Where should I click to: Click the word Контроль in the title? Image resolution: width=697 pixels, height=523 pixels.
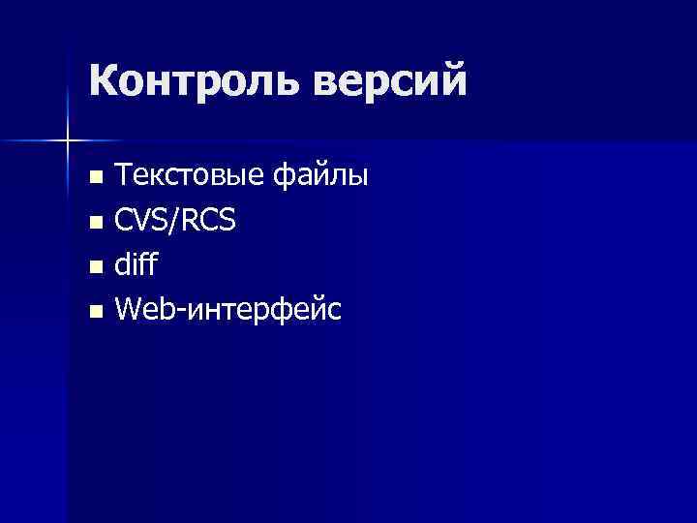195,80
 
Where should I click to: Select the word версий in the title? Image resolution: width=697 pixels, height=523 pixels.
390,80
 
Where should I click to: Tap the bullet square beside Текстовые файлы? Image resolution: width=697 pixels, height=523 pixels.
95,178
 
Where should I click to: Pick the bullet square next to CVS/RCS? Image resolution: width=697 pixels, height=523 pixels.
95,224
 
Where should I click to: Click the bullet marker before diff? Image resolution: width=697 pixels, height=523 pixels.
95,267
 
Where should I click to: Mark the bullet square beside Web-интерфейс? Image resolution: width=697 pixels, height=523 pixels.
95,312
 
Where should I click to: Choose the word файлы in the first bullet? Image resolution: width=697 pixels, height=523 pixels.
320,176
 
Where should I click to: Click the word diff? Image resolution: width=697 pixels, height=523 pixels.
135,265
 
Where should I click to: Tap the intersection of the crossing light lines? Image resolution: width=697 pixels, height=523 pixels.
68,141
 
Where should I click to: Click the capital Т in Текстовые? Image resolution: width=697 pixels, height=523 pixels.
124,176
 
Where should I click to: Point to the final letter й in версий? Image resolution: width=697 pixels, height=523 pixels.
452,78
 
